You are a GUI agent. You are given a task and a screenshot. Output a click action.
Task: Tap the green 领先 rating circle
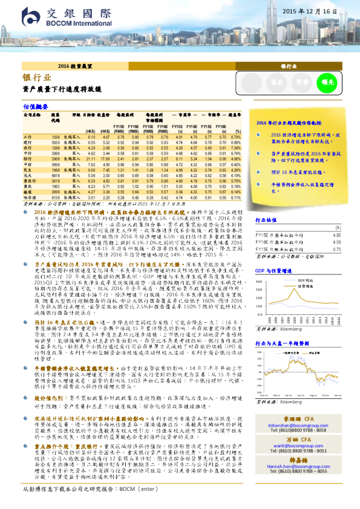(327, 82)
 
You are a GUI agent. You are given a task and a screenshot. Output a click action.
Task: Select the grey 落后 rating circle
(277, 82)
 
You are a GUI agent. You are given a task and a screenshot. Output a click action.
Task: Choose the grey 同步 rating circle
(302, 82)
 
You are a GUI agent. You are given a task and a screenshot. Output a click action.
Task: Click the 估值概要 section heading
(35, 106)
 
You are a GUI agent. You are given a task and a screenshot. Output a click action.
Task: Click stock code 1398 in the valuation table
(56, 137)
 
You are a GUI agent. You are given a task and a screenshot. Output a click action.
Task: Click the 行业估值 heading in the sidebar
(267, 221)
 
